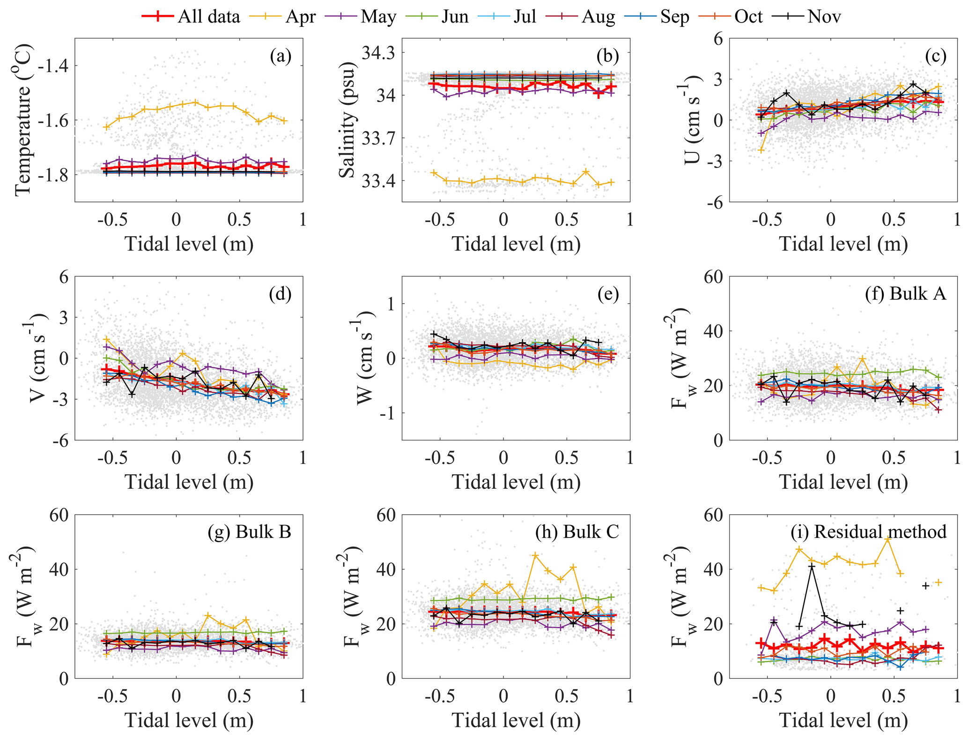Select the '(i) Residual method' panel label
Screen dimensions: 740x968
click(x=868, y=532)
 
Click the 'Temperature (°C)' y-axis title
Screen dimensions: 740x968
click(x=23, y=120)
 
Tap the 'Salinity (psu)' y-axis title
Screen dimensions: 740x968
click(x=347, y=120)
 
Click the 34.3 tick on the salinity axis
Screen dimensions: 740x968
click(x=378, y=53)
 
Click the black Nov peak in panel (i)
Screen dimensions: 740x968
click(x=812, y=567)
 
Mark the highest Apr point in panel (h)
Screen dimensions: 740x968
click(x=535, y=555)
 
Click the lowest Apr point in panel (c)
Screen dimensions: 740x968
click(x=761, y=150)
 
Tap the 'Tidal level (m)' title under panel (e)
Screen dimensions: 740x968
click(x=516, y=482)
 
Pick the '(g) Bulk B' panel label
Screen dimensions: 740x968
click(x=249, y=532)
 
